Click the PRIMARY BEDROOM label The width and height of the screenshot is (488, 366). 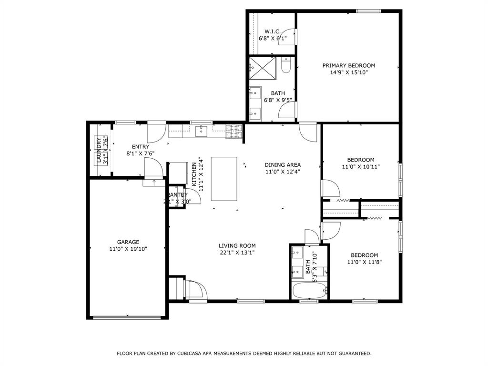[348, 66]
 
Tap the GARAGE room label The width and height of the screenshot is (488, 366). [128, 242]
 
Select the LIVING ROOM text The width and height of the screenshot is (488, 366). [237, 246]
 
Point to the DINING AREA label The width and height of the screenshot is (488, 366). [283, 165]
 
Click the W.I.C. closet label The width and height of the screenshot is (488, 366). [273, 31]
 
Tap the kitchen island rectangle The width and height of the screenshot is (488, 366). [224, 179]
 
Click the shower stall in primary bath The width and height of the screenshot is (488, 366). [263, 68]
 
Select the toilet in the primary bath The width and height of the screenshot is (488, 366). [286, 66]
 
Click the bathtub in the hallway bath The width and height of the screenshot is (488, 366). [309, 290]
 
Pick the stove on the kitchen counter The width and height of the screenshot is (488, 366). [234, 132]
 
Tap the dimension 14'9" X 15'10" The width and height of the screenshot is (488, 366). [348, 73]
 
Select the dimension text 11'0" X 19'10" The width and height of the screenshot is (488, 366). [128, 249]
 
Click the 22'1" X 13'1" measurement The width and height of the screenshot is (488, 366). [237, 253]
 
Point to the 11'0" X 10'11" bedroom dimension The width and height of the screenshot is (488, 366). [360, 167]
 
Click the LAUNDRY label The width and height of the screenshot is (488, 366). [99, 151]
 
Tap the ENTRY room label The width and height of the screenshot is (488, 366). [140, 147]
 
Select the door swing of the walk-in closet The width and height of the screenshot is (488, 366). [291, 37]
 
